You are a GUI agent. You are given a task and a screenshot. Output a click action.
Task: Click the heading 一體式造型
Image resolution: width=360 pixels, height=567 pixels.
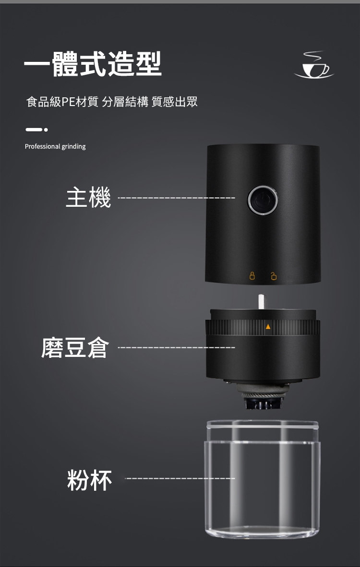tap(93, 64)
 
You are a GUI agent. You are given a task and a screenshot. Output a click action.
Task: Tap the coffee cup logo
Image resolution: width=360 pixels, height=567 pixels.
tap(314, 65)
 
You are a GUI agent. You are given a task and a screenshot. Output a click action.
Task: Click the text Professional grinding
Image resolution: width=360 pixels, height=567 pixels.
tap(55, 146)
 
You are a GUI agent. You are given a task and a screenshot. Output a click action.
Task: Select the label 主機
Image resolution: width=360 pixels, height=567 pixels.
tap(88, 198)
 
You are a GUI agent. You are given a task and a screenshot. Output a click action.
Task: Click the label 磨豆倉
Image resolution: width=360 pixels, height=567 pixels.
tap(75, 347)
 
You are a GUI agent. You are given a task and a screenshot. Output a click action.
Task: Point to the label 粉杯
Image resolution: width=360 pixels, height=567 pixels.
tap(90, 480)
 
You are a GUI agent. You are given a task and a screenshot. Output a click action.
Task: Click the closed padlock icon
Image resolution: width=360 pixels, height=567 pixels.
tap(252, 276)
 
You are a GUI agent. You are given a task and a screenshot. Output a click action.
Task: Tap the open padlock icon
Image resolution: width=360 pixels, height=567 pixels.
tap(274, 276)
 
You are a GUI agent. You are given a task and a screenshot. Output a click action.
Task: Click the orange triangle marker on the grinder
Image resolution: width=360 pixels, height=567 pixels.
tap(268, 327)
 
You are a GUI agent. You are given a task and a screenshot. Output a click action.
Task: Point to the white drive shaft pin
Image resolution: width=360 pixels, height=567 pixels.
tap(261, 302)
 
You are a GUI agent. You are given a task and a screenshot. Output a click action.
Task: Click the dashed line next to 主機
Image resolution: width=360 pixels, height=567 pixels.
tap(177, 198)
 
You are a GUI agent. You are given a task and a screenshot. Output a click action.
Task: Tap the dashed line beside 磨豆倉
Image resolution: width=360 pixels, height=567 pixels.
tap(177, 347)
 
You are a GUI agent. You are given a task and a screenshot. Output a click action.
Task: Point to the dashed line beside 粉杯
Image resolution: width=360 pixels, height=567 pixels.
tap(180, 478)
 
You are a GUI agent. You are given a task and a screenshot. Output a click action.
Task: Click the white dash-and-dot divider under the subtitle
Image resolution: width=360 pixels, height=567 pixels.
tap(36, 130)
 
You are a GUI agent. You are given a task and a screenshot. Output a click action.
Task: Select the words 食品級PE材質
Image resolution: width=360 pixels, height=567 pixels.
tap(62, 102)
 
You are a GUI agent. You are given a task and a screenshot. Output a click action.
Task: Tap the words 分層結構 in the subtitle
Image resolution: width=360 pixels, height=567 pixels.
tap(125, 102)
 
